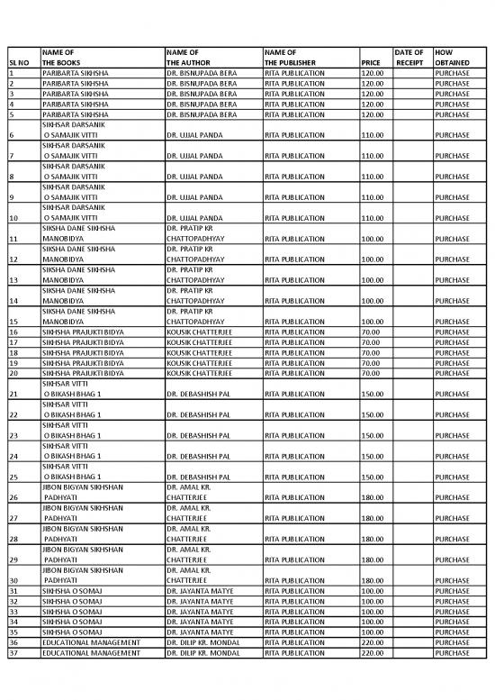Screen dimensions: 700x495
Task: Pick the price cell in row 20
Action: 369,372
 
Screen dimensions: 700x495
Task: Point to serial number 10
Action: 13,218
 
